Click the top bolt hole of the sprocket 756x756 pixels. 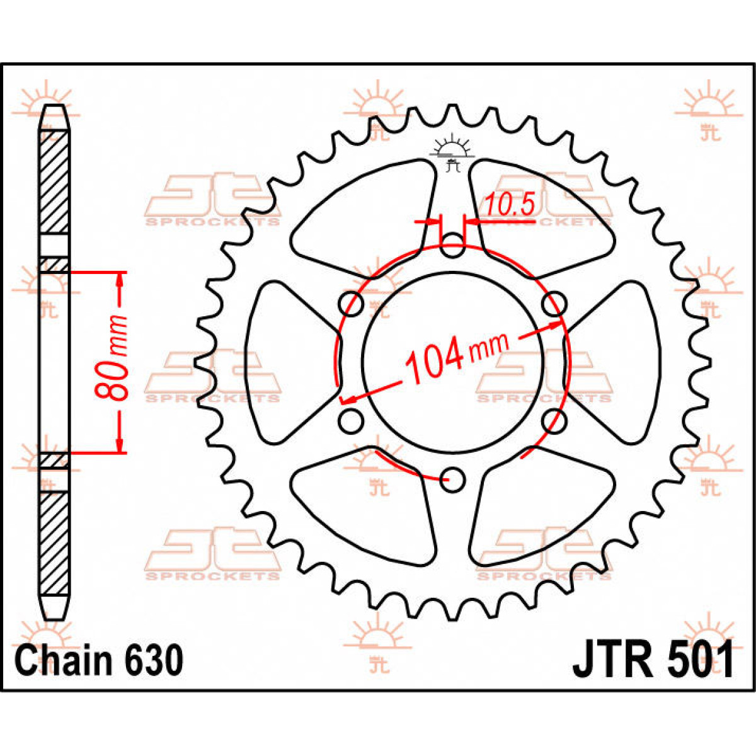click(452, 246)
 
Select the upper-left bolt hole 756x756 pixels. click(352, 304)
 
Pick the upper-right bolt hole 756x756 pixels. click(554, 304)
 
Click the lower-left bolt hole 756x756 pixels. click(350, 420)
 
